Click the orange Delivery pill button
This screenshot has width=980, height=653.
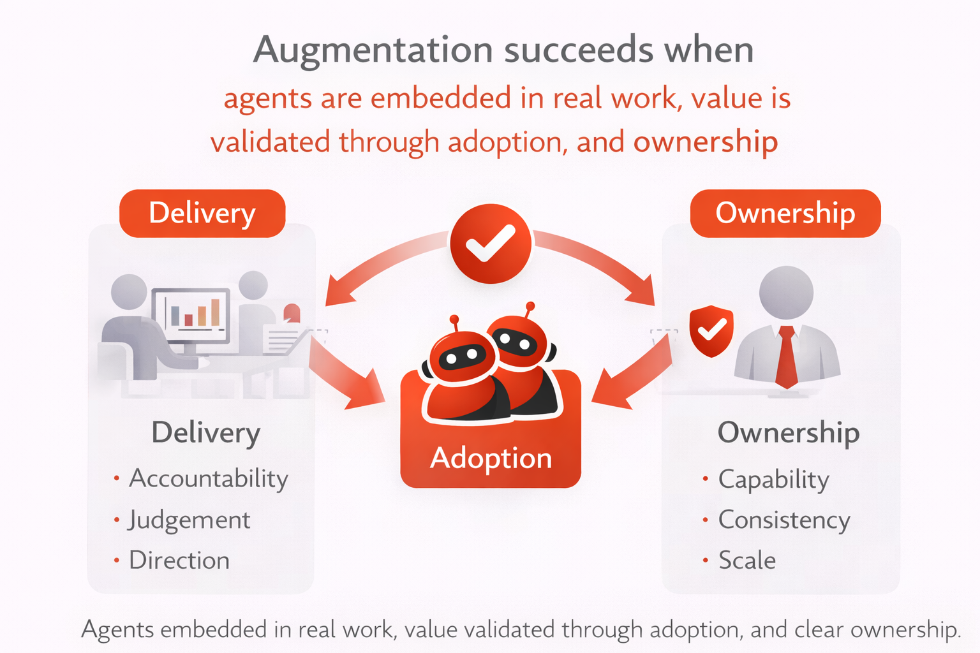[x=202, y=214]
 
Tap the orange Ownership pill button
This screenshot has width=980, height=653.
[x=785, y=214]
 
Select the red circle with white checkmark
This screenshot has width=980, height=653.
[x=490, y=244]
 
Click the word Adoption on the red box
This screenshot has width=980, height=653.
[x=491, y=458]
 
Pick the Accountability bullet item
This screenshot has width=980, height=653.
[x=208, y=479]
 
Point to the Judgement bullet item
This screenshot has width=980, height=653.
[x=189, y=520]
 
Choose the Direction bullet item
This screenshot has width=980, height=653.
[x=179, y=561]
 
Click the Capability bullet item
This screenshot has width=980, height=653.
[x=773, y=480]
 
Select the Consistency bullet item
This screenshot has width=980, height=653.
[x=783, y=520]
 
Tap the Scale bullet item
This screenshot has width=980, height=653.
[x=746, y=561]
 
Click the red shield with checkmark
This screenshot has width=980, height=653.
[x=711, y=330]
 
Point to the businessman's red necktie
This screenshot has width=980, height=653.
[x=787, y=357]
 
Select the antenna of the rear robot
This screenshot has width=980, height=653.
[x=530, y=310]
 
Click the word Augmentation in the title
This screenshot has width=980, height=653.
[x=373, y=50]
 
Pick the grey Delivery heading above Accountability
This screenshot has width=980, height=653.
[x=205, y=432]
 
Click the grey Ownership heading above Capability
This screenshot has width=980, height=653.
[x=788, y=432]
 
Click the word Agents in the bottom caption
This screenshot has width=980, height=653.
[x=118, y=630]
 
